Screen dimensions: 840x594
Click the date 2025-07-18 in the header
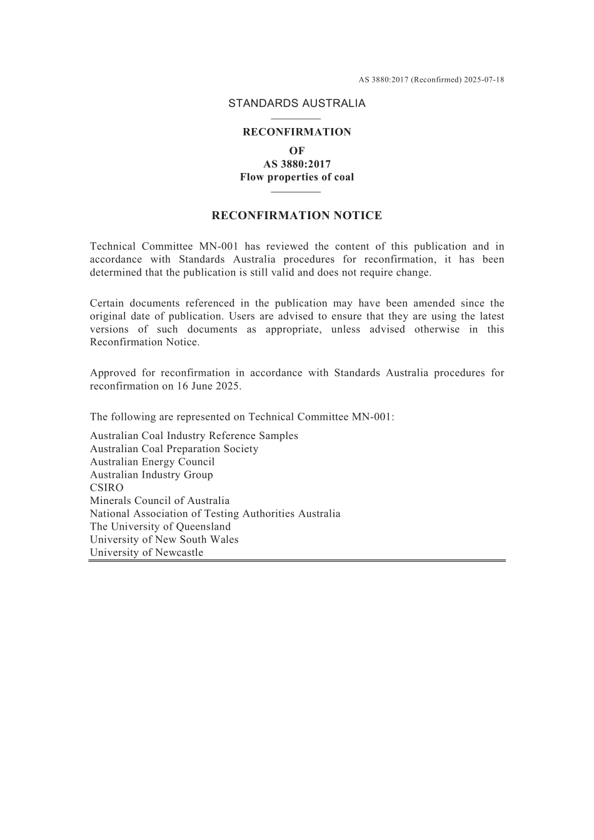(484, 80)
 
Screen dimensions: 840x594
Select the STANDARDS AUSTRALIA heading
(296, 104)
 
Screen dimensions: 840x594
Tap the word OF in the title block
(296, 151)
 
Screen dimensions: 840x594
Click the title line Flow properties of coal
(296, 177)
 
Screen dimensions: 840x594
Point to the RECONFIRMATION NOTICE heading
(296, 215)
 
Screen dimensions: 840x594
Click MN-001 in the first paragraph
(218, 247)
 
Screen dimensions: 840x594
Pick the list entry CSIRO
(107, 488)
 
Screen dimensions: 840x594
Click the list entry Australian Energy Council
(152, 462)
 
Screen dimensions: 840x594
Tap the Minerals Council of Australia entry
(159, 500)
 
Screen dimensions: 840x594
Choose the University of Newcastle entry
(146, 552)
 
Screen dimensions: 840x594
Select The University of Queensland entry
(160, 526)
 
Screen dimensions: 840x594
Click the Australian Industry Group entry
(151, 475)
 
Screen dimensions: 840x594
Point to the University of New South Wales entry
(164, 540)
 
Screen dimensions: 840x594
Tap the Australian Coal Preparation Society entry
(174, 448)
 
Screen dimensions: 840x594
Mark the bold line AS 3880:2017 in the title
(296, 164)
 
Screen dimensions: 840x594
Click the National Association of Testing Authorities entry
(215, 513)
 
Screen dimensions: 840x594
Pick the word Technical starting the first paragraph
(112, 247)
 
